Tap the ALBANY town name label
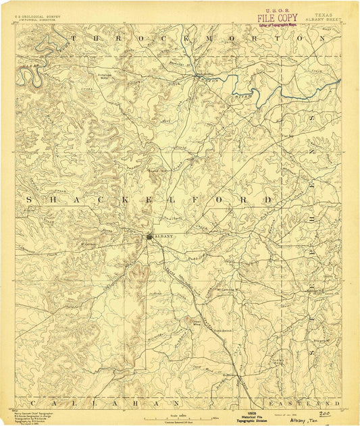coord(164,236)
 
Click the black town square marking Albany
coord(149,236)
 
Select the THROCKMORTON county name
coord(197,39)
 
